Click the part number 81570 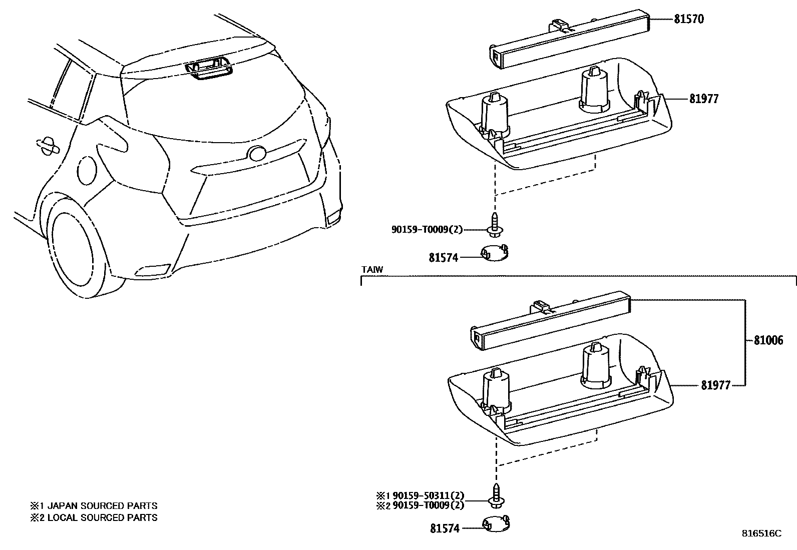(689, 19)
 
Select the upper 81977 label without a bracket (703, 99)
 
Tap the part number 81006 (768, 340)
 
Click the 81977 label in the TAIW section (715, 385)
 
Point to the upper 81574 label (443, 258)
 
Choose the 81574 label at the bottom (444, 528)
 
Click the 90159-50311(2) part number (428, 495)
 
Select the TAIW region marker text (372, 270)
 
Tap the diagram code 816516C (761, 533)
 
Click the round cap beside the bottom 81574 (496, 523)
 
